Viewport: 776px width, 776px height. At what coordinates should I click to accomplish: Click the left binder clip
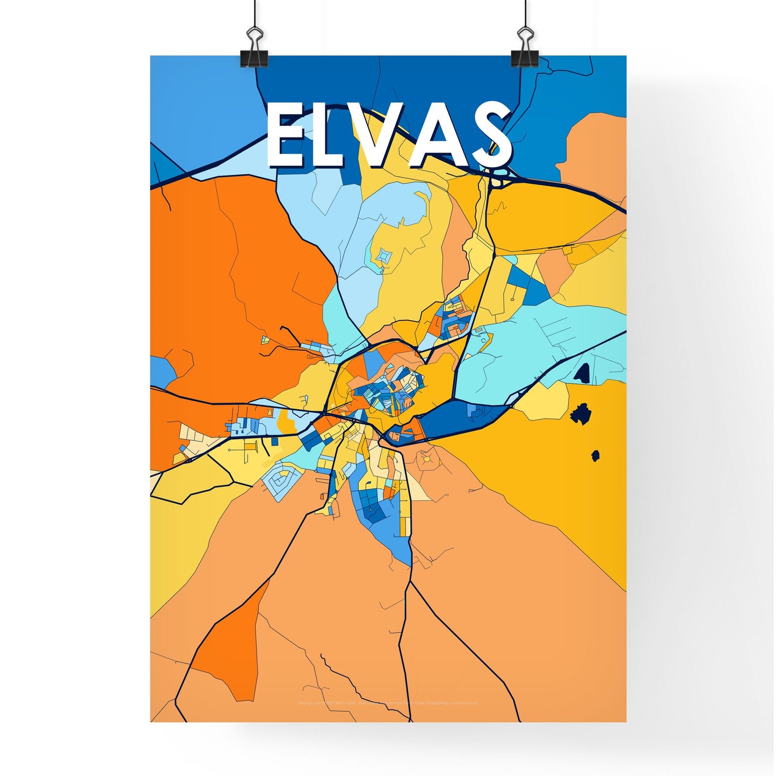point(255,49)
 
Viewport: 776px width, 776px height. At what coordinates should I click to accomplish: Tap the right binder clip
point(524,49)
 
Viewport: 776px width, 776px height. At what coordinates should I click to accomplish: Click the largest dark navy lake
point(581,415)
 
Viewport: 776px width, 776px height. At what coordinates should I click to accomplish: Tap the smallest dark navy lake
point(595,456)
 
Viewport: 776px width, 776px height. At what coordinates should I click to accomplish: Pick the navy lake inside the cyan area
point(583,373)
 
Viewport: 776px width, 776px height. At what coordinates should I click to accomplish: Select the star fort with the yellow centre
point(427,460)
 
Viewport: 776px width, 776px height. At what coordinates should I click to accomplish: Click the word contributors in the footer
point(463,703)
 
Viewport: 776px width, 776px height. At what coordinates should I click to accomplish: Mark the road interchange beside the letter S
point(499,177)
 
